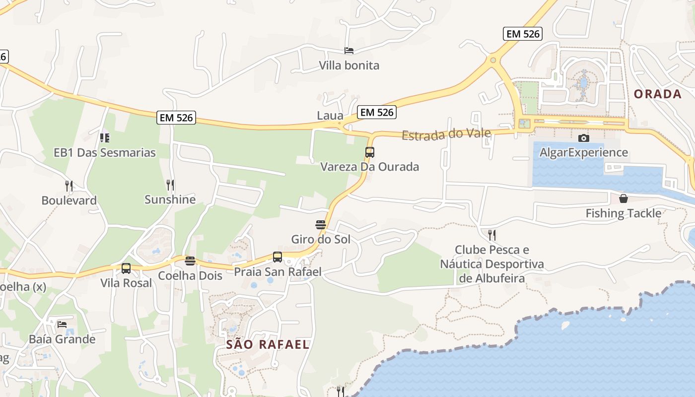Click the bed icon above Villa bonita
pos(349,51)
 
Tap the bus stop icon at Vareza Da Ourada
pos(369,152)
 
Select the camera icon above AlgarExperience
pos(584,138)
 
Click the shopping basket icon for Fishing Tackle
pos(624,199)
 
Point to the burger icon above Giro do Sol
pos(321,225)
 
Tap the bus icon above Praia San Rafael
pos(278,257)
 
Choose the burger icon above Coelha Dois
pos(190,261)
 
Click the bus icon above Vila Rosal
pos(126,268)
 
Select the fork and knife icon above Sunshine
pos(170,185)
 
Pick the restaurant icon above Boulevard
pos(69,186)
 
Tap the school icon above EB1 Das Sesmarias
pos(104,137)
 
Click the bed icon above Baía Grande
pos(62,325)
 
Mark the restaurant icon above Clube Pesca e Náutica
pos(492,235)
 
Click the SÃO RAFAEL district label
pos(268,344)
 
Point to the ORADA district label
pos(658,94)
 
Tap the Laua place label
pos(330,116)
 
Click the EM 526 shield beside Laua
pos(377,112)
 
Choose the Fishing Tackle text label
pos(624,213)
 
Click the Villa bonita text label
pos(349,66)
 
